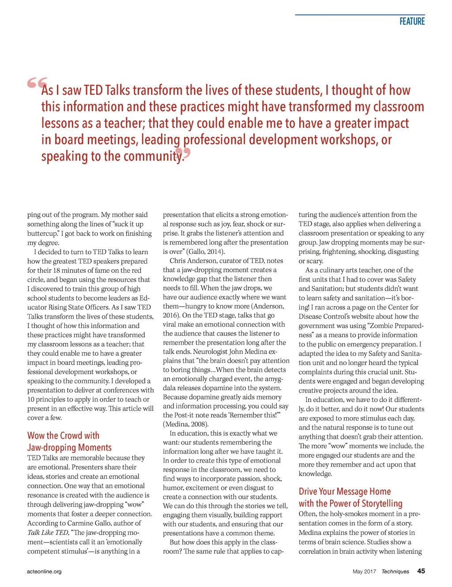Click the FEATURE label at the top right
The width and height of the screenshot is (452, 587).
point(412,21)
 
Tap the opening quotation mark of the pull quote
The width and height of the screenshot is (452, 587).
point(37,83)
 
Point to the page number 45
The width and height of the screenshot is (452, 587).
point(421,571)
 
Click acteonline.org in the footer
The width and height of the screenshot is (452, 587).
point(44,572)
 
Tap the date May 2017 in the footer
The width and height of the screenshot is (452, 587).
point(364,572)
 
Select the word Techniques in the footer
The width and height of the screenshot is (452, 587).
point(395,572)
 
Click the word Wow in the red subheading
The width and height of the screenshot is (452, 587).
point(36,436)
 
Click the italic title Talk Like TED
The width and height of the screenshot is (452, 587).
point(48,533)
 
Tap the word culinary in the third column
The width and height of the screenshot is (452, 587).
point(335,270)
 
